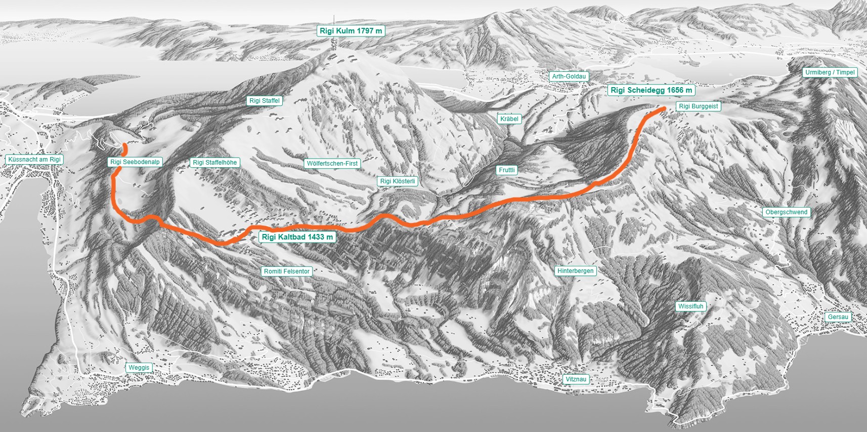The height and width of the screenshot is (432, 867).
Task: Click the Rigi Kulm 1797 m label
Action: tap(351, 31)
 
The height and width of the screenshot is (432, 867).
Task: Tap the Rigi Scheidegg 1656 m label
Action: tap(651, 90)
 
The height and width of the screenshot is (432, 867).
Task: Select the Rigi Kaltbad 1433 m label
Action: tap(297, 237)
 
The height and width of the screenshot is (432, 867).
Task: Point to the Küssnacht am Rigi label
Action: tap(34, 160)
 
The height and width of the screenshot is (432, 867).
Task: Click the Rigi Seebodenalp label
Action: tap(135, 162)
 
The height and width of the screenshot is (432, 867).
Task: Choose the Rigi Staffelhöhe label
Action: tap(214, 163)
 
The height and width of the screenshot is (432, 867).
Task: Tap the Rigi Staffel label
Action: tap(264, 101)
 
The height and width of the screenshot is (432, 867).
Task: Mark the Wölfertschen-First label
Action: tap(332, 164)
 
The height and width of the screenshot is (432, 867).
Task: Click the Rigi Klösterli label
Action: tap(398, 181)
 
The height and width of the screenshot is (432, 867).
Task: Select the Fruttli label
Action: tap(506, 170)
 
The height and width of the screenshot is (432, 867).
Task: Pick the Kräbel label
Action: tap(509, 119)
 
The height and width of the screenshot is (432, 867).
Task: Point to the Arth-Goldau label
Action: tap(569, 76)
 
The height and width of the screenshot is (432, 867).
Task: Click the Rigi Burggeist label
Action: tap(698, 106)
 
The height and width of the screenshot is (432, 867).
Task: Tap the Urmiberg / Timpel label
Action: tap(830, 72)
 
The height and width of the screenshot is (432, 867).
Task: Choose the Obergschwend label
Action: tap(786, 212)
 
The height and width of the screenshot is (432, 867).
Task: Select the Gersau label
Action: tap(838, 317)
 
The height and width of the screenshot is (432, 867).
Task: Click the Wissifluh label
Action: tap(690, 306)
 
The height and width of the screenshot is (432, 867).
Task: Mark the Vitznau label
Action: tap(576, 379)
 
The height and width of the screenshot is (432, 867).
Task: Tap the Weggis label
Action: tap(139, 368)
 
